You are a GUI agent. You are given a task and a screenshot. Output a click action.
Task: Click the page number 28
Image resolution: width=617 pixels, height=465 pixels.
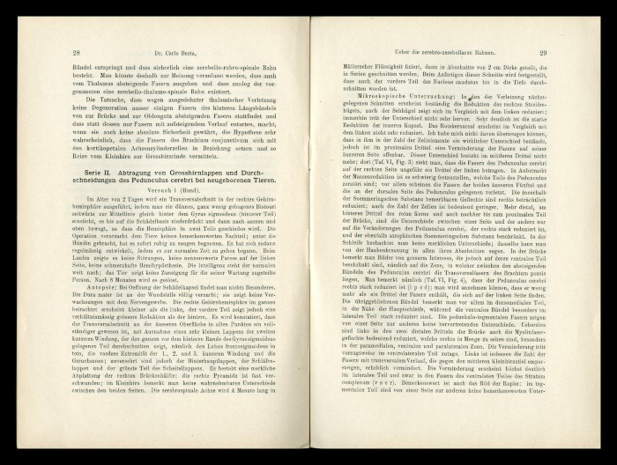pos(77,53)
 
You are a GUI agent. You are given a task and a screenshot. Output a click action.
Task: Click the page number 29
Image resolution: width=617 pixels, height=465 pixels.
pos(543,53)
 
